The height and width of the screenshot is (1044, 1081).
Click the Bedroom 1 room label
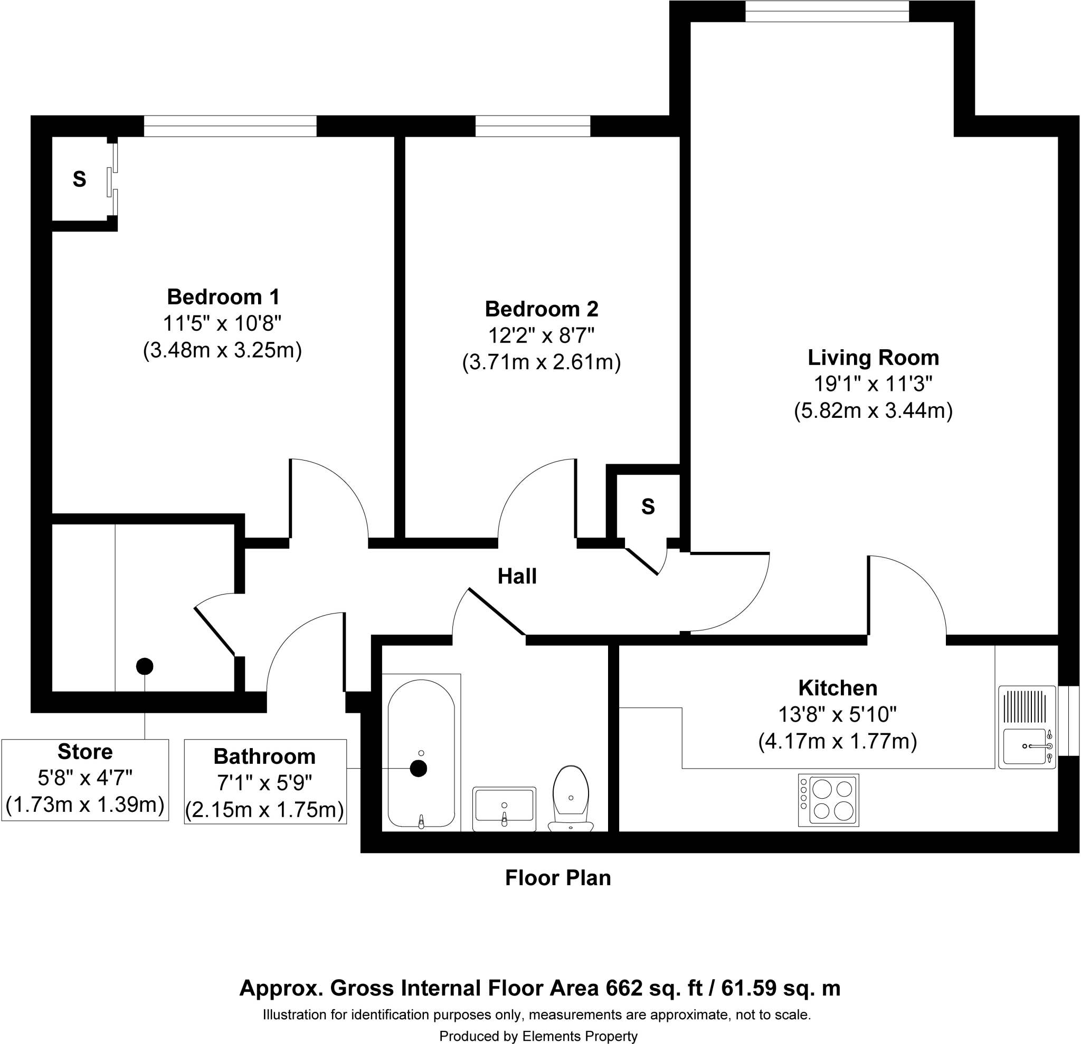click(223, 297)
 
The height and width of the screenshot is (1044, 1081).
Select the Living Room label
click(873, 358)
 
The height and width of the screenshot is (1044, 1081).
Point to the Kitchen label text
click(837, 688)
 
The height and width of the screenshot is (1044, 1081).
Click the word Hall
click(517, 577)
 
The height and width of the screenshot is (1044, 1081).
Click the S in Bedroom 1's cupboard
click(79, 179)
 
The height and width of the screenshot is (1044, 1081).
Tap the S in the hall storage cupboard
click(648, 506)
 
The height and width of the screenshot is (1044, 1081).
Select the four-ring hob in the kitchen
click(828, 800)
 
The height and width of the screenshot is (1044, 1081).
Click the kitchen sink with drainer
click(1027, 727)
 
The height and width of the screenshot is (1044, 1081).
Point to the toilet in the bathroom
click(571, 798)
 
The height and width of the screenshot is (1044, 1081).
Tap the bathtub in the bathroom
click(421, 753)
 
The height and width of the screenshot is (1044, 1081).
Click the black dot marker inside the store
click(145, 666)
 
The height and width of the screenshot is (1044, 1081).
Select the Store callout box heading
click(85, 752)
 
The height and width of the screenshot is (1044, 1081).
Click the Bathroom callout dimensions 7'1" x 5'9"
click(265, 783)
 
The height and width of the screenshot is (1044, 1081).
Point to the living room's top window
click(827, 11)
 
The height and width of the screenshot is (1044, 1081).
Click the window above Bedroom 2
click(533, 126)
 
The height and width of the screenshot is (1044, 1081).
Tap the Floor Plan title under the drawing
click(557, 878)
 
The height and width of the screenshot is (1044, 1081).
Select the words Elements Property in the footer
click(580, 1037)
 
